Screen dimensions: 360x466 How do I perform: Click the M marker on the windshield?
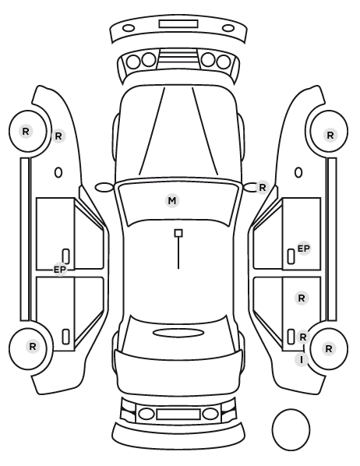coord(172,201)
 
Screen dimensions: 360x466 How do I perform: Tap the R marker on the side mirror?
coord(262,188)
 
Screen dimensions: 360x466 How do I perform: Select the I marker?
coord(302,359)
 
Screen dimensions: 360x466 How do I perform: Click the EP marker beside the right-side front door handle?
coord(304,248)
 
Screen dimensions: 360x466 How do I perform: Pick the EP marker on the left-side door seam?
coord(60,270)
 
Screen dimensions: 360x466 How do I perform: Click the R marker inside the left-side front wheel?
coord(26,131)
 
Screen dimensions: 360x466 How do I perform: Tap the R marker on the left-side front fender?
coord(58,136)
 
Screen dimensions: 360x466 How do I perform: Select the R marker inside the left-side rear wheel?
coord(33,346)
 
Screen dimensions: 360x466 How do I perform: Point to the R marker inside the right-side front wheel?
coord(330,136)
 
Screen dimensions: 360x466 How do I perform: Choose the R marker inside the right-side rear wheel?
coord(329,348)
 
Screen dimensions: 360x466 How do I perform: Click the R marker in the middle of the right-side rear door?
coord(302,298)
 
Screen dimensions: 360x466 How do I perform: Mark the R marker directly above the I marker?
coord(303,337)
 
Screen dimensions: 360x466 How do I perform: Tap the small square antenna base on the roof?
coord(178,233)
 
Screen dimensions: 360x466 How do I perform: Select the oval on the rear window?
coord(178,333)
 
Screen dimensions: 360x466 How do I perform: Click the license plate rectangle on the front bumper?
coord(178,24)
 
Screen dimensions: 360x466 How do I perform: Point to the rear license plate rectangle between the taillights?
coord(178,414)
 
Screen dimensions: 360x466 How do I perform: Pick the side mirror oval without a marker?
coord(104,187)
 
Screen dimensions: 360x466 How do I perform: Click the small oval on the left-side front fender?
coord(58,172)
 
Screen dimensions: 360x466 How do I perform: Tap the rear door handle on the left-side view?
coord(65,337)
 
